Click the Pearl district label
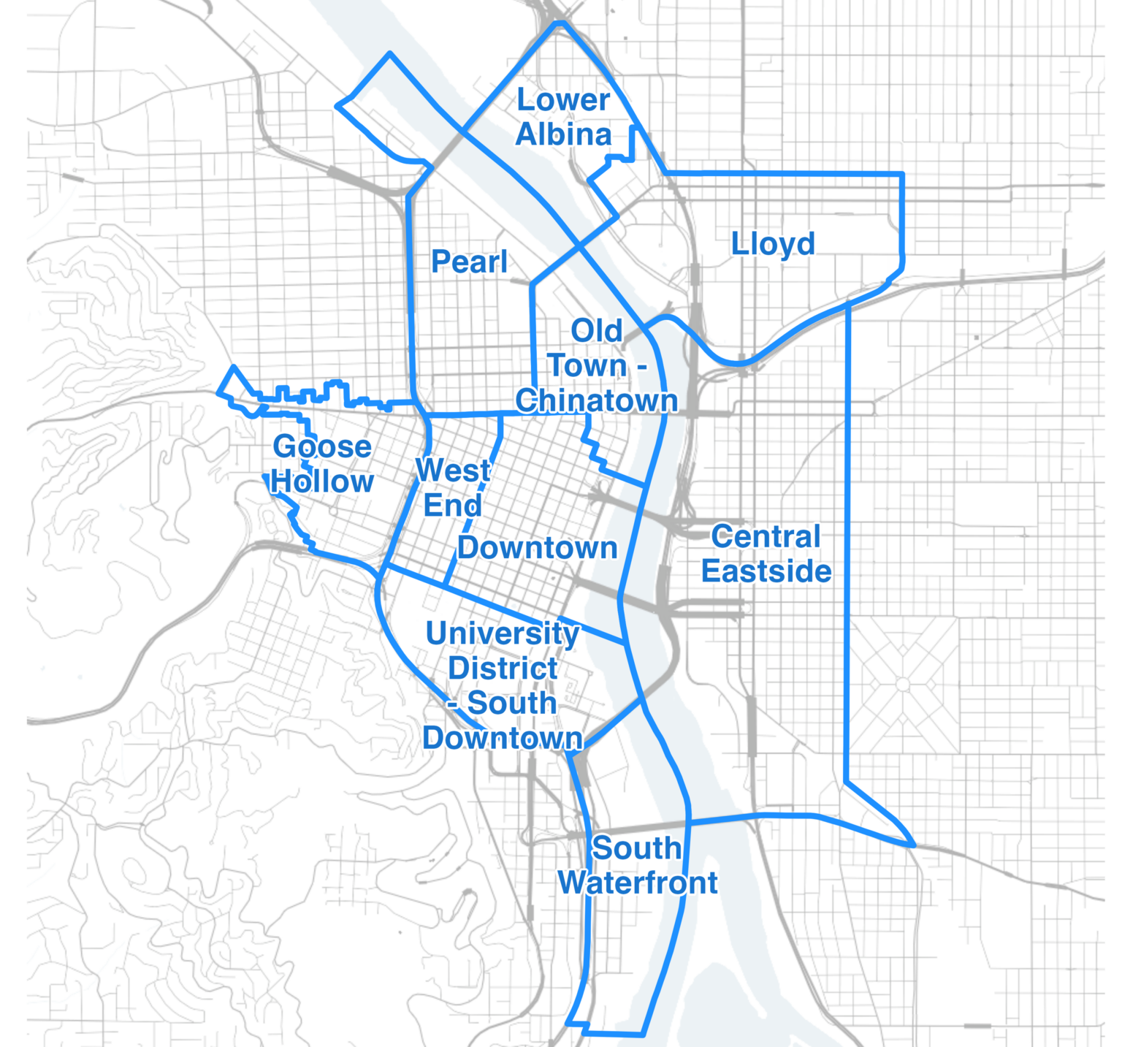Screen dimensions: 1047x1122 click(x=469, y=262)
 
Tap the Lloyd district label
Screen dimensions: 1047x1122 click(x=773, y=245)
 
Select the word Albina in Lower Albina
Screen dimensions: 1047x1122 click(x=563, y=135)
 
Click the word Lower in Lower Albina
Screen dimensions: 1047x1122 click(x=563, y=101)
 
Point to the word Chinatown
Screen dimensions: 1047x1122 click(x=596, y=401)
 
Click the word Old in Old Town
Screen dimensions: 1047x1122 click(x=597, y=331)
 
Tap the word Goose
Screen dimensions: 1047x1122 click(x=322, y=447)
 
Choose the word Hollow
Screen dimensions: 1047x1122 click(x=322, y=482)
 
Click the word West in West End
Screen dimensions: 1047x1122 click(x=453, y=471)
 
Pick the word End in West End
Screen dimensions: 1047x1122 click(x=453, y=506)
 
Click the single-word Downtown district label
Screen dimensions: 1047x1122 click(x=538, y=548)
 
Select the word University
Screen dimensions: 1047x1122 click(x=503, y=633)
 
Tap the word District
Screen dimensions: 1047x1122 click(x=503, y=669)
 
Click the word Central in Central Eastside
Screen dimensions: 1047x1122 click(x=766, y=537)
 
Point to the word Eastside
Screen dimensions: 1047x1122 click(x=766, y=571)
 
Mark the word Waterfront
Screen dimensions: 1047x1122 click(x=638, y=883)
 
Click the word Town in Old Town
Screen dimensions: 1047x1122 click(x=587, y=366)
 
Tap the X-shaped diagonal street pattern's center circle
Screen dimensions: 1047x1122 click(x=903, y=685)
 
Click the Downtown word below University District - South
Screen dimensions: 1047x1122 click(x=503, y=738)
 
